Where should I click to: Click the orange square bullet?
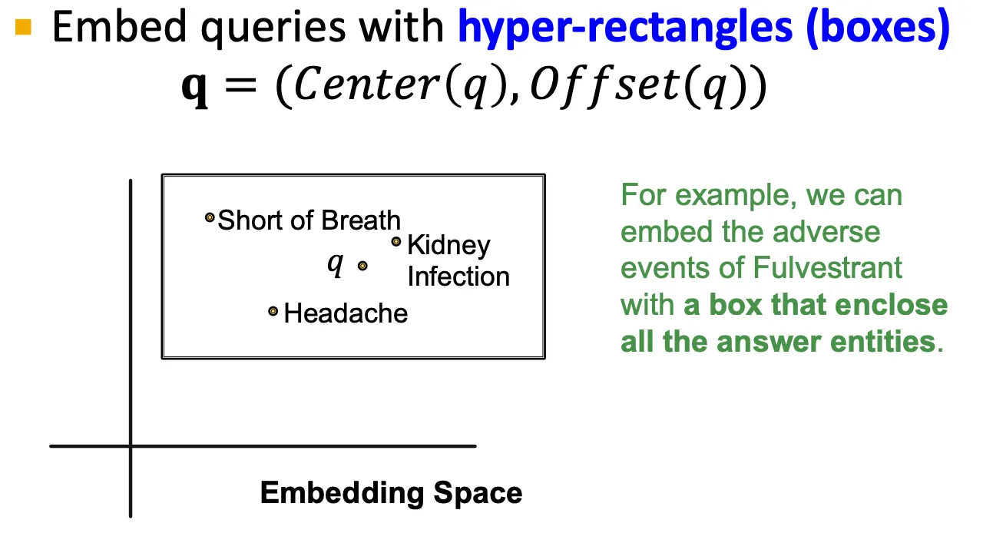click(x=23, y=28)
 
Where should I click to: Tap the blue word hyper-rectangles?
click(x=624, y=28)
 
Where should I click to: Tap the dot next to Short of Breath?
click(x=209, y=218)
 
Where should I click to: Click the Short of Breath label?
click(x=309, y=220)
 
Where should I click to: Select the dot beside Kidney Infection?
click(x=396, y=242)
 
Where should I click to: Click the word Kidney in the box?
click(x=448, y=245)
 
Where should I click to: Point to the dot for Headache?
click(x=273, y=311)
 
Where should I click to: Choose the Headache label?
click(x=346, y=313)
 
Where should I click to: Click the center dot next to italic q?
click(x=362, y=266)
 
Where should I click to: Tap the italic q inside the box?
click(x=335, y=263)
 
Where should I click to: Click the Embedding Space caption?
click(x=391, y=492)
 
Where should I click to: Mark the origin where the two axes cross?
click(x=131, y=445)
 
